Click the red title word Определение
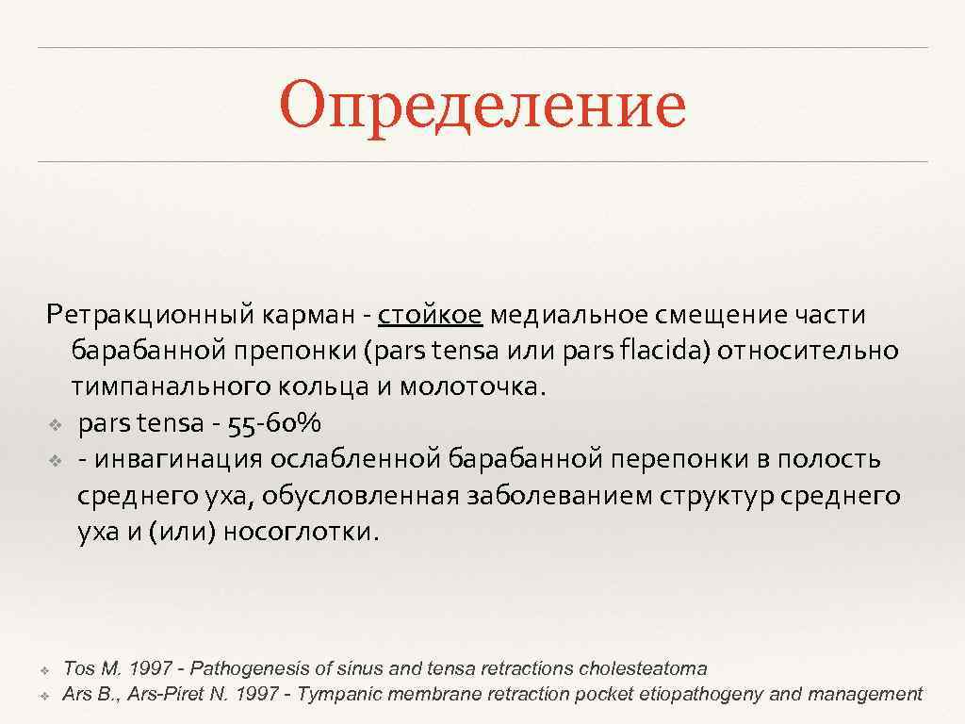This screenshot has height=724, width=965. point(482,107)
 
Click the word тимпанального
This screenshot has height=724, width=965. point(170,387)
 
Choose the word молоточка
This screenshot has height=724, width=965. point(472,387)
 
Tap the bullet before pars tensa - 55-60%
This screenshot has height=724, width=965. point(55,424)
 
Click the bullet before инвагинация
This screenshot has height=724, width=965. point(55,460)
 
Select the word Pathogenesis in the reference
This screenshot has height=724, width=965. point(249,668)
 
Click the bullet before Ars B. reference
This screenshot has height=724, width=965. point(44,696)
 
